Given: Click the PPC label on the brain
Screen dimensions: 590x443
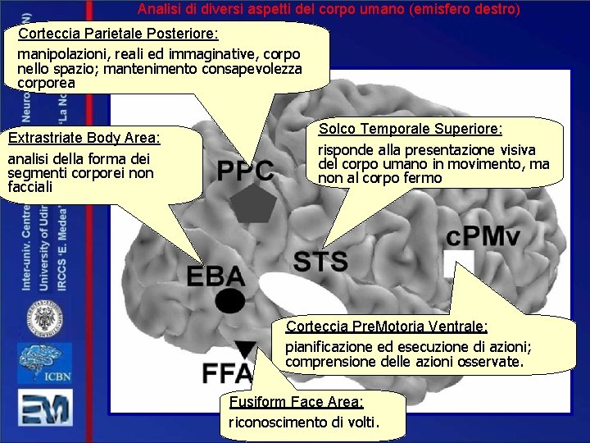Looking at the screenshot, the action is tap(245, 170).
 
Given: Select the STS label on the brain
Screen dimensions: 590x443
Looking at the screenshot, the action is tap(320, 262).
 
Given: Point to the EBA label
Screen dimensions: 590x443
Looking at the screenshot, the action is tap(216, 276).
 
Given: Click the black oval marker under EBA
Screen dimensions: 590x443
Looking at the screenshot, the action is tap(230, 301).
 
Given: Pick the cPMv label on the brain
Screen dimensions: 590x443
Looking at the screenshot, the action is tap(483, 237).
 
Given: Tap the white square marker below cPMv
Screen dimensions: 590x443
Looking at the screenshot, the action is tap(454, 263).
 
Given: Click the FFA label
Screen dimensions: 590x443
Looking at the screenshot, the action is tap(228, 373).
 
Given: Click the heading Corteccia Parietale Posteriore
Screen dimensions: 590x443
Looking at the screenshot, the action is tap(118, 34).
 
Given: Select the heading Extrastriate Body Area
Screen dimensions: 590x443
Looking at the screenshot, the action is tap(84, 138).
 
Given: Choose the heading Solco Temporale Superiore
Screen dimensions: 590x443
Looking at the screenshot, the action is tap(410, 130).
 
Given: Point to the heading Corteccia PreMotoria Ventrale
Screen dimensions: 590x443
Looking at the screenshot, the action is tap(386, 327).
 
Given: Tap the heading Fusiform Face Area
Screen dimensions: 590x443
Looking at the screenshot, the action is tap(296, 402).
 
